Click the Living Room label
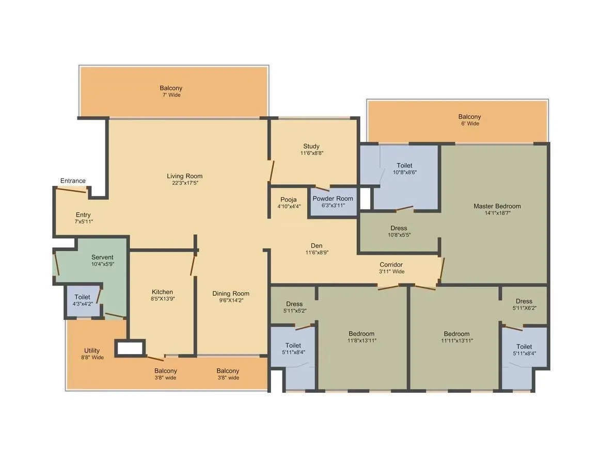[184, 176]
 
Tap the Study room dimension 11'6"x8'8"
[311, 153]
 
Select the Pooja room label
[289, 200]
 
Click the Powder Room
[333, 202]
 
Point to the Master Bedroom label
[497, 206]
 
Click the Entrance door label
[73, 181]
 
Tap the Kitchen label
[162, 292]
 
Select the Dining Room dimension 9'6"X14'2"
[231, 300]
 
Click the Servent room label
[102, 257]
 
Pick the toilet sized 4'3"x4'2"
[82, 300]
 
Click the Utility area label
[92, 350]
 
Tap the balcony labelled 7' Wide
[170, 91]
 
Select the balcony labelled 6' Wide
[469, 120]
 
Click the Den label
[317, 246]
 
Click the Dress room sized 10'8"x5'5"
[398, 231]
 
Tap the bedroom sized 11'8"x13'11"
[361, 336]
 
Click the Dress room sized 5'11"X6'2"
[524, 304]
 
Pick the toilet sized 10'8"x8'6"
[404, 169]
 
